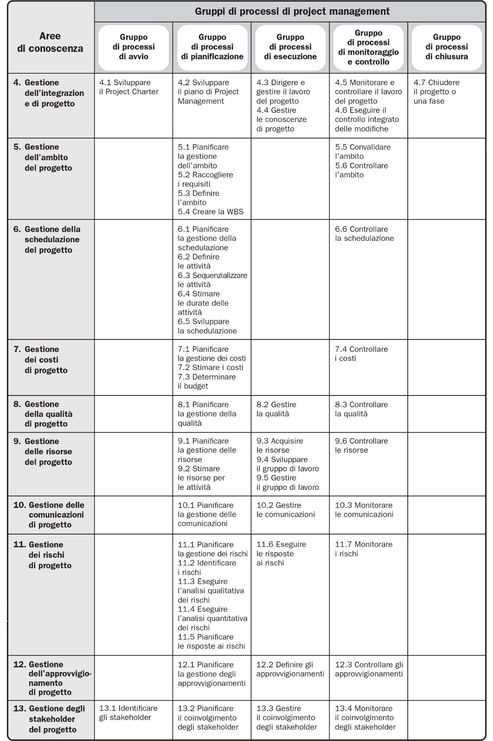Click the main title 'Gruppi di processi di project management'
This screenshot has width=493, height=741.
tap(292, 11)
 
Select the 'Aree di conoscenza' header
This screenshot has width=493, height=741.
tap(50, 42)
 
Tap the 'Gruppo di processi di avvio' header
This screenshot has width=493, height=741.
tap(134, 47)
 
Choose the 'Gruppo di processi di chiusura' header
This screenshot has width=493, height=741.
tap(447, 47)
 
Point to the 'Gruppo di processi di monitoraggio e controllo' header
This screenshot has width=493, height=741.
tap(368, 47)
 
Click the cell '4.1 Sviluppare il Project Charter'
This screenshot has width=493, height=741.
tap(129, 87)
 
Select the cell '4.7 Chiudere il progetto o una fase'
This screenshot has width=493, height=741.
tap(436, 92)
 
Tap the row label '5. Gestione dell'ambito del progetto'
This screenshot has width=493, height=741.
tap(48, 157)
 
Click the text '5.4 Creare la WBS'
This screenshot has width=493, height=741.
tap(211, 212)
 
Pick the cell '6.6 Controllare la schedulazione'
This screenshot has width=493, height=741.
tap(365, 234)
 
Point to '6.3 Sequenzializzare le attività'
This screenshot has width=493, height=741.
tap(212, 280)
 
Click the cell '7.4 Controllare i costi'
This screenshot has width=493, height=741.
tap(361, 354)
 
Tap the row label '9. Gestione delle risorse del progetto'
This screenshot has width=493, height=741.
tap(48, 452)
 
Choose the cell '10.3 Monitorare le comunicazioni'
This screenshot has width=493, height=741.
tap(364, 510)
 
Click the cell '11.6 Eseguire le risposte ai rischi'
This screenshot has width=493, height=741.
tap(281, 553)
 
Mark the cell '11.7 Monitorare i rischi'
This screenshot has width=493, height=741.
tap(364, 549)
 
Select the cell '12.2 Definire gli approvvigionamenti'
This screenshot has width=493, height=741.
tap(290, 669)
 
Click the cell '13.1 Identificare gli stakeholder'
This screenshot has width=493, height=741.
tap(128, 713)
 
